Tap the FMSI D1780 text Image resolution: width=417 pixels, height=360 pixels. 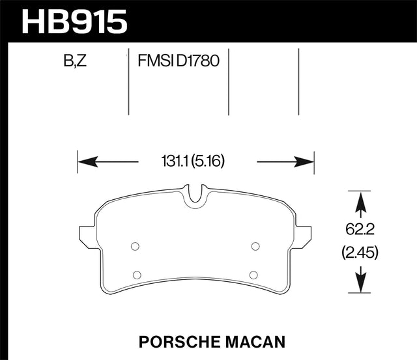(178, 62)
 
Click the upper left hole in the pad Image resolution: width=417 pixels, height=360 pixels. (135, 246)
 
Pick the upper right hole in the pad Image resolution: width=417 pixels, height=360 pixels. (255, 246)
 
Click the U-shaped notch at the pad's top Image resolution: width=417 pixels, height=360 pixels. (195, 195)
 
